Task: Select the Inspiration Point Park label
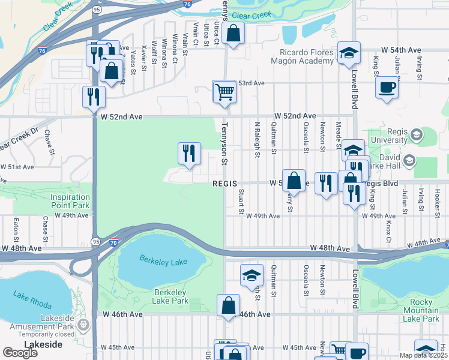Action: click(x=70, y=201)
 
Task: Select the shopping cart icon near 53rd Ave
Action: click(x=224, y=92)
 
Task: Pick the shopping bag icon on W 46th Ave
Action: click(x=229, y=305)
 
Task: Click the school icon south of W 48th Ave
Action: click(x=252, y=275)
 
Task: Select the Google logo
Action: click(x=20, y=352)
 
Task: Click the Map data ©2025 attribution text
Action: click(x=423, y=355)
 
